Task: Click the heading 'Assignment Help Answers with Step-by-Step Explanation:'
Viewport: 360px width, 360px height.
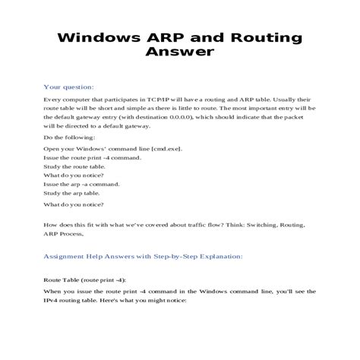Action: pos(143,256)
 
